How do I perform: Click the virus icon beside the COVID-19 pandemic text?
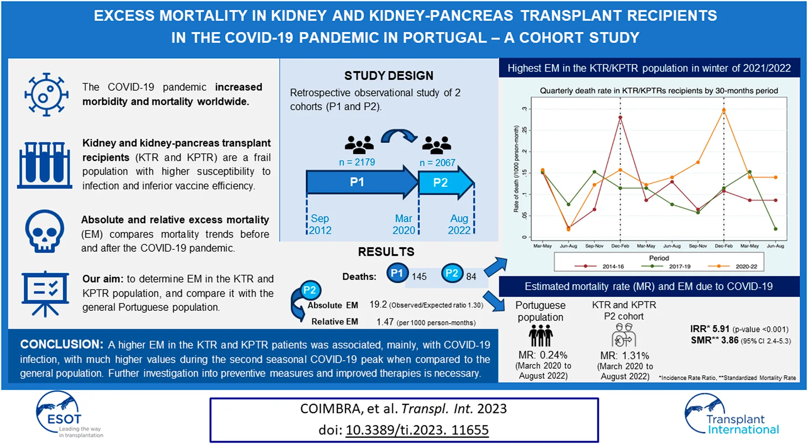point(46,94)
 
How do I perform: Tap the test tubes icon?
point(45,165)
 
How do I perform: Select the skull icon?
point(44,231)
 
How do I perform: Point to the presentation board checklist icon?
point(45,294)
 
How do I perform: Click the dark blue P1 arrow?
point(362,182)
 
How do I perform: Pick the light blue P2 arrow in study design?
point(446,183)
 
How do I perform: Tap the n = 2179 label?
point(357,162)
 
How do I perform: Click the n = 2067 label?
point(437,163)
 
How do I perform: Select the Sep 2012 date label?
point(320,224)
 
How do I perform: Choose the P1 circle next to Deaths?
point(397,274)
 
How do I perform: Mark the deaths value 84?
point(471,277)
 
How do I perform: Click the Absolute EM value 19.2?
point(378,305)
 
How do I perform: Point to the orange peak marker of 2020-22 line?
point(724,110)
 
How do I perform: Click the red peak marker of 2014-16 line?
point(620,118)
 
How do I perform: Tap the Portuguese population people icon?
point(540,336)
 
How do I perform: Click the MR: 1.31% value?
point(625,356)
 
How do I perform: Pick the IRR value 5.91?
point(721,329)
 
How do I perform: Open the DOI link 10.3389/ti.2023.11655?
point(417,430)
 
